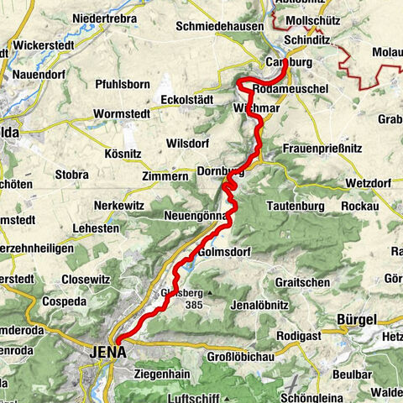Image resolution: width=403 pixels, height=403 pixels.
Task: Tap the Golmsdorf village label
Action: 227,252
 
